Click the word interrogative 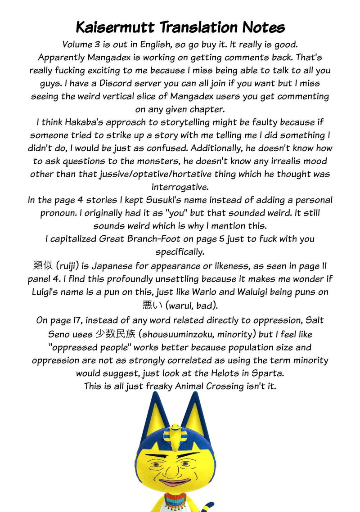[180, 187]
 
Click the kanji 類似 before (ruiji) [43, 265]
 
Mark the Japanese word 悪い [152, 305]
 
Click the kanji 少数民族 [115, 334]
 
